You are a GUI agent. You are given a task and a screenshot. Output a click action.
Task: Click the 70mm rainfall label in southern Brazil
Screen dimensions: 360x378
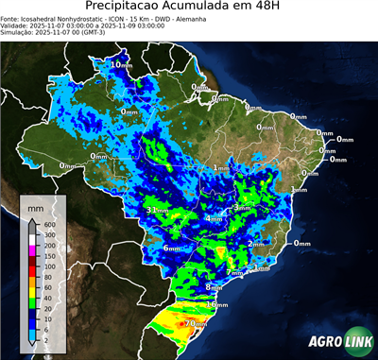point(196,323)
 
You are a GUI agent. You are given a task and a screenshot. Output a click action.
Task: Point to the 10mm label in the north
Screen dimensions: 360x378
point(120,64)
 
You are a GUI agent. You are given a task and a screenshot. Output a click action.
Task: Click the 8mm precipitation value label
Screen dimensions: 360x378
point(214,286)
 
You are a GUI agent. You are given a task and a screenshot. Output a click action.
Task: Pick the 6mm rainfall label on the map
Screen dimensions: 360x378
point(172,248)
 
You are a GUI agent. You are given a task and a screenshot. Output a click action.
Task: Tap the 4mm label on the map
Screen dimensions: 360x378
point(215,218)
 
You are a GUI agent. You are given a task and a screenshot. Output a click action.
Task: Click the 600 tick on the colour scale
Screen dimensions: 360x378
point(49,223)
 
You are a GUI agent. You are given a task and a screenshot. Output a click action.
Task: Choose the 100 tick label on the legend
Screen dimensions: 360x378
point(49,267)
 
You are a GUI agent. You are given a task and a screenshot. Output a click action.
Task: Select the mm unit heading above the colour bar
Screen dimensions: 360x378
point(35,205)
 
